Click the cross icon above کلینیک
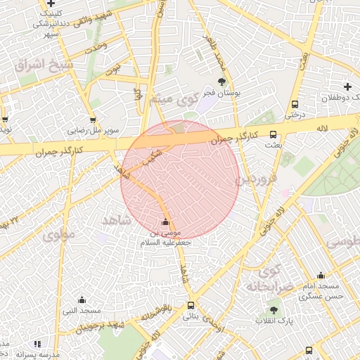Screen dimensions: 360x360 click(51, 4)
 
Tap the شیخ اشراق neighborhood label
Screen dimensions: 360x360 click(44, 65)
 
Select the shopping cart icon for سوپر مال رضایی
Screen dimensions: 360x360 click(93, 120)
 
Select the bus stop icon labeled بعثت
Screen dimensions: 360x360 click(273, 134)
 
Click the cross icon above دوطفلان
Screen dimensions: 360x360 click(347, 86)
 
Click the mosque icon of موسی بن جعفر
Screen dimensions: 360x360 click(166, 222)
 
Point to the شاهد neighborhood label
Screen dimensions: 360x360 click(117, 220)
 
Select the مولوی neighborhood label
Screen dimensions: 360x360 click(58, 236)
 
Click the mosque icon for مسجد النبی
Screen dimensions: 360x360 click(82, 300)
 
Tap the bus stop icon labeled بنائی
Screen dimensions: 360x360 click(191, 305)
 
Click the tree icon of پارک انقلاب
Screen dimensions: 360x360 click(274, 310)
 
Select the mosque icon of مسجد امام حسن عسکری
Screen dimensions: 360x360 click(321, 276)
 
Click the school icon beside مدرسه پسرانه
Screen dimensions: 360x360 click(37, 344)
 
